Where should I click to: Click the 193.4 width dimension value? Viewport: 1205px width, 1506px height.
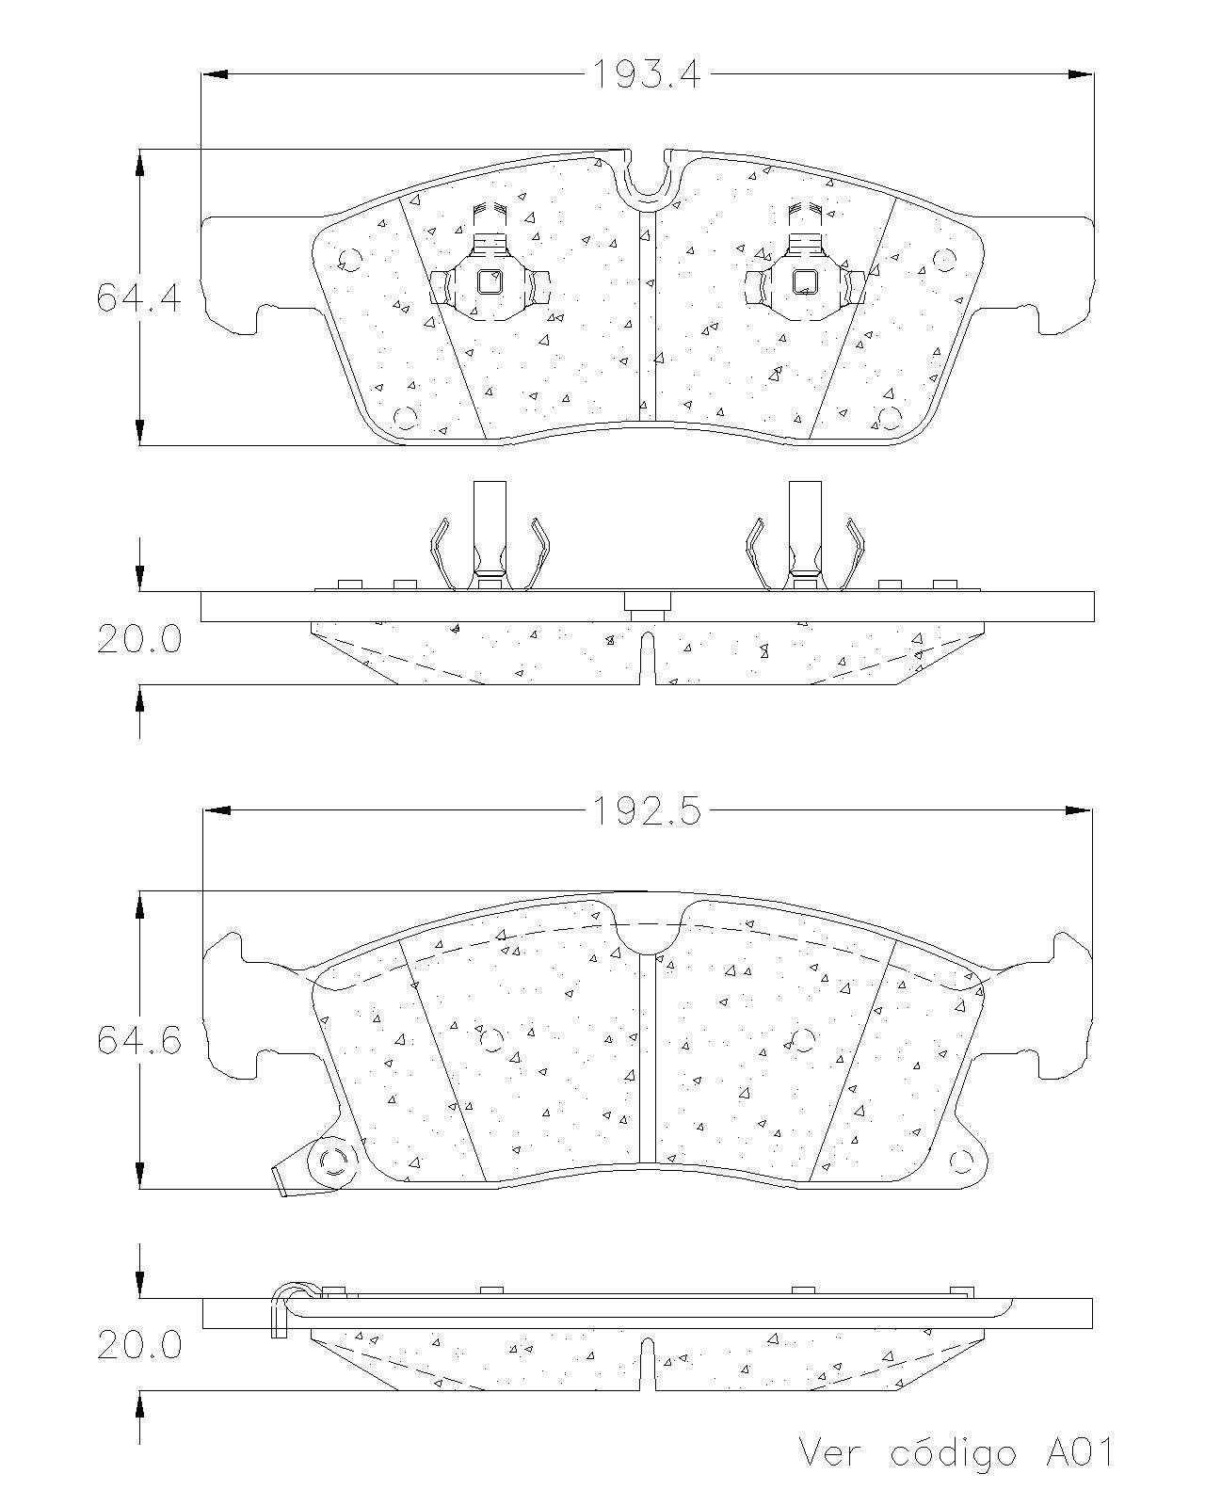646,74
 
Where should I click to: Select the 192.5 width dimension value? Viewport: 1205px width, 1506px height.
646,811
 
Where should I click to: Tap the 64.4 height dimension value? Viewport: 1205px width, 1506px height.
138,296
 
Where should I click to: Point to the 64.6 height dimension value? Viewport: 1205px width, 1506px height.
138,1040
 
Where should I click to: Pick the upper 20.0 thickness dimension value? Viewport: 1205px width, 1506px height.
138,639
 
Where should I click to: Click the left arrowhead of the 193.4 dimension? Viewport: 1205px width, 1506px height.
215,74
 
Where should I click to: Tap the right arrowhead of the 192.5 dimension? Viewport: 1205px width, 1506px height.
1078,811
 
